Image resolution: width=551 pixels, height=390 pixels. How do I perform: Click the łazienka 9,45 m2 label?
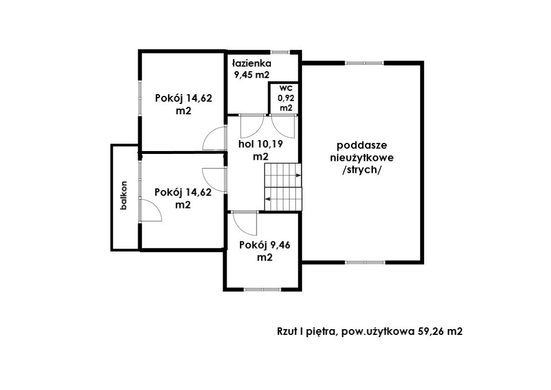[x=251, y=69]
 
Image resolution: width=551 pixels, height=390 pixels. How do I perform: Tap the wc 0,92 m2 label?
[x=286, y=98]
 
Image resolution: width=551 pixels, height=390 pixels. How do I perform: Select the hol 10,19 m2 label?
[x=261, y=150]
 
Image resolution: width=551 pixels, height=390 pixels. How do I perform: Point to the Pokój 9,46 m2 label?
[x=265, y=251]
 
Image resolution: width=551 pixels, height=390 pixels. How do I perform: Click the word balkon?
[x=123, y=195]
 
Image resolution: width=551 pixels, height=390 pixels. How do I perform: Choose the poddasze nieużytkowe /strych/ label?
[x=362, y=157]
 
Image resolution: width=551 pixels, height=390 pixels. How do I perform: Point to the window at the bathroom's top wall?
[x=280, y=52]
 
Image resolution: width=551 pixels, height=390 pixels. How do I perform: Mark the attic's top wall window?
[x=364, y=63]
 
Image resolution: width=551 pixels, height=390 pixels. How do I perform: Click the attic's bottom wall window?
[x=365, y=262]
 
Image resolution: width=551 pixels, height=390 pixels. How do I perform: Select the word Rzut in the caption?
[x=286, y=331]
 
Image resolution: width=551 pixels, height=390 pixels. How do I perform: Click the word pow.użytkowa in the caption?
[x=378, y=332]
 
